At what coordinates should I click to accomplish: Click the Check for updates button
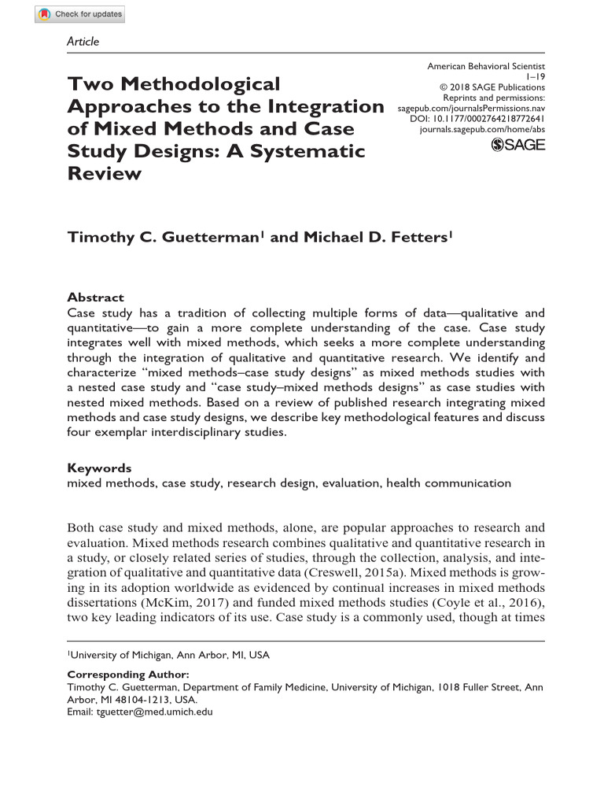pos(79,15)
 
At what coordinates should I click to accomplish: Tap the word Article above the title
pos(83,41)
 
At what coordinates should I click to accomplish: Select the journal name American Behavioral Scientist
pos(486,68)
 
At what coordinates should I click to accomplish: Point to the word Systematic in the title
pos(315,150)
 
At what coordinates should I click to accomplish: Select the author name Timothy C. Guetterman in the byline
pos(162,237)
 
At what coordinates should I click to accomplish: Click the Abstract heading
pos(95,298)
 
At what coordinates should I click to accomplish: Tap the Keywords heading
pos(99,468)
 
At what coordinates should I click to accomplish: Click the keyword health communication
pos(448,482)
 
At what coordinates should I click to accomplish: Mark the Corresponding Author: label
pos(127,675)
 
